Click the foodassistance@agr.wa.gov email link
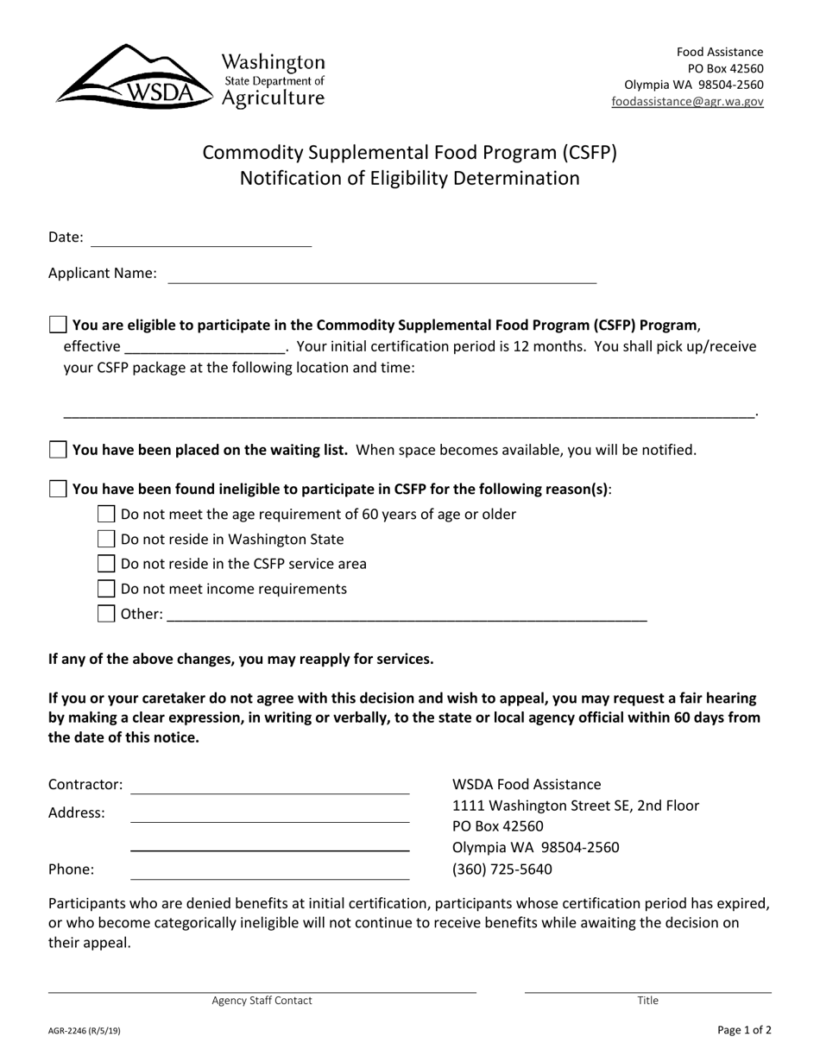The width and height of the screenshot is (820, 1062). pos(687,101)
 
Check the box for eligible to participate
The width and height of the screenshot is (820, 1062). pos(58,326)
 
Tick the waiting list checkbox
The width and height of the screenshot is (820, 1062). pos(58,450)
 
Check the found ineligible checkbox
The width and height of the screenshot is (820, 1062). pos(58,490)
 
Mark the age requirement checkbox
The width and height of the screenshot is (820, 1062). pos(106,515)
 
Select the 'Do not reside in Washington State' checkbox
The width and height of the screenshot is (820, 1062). pos(106,540)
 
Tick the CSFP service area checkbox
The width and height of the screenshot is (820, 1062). pos(106,564)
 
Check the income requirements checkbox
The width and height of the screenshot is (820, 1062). pos(106,589)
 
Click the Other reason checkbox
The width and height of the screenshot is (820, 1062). pos(106,614)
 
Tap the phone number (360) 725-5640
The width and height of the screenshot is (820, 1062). pos(502,869)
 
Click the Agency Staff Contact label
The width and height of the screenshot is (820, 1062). pos(262,1001)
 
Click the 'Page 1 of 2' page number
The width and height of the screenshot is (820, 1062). pos(744,1030)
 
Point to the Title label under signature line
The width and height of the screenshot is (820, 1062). pos(647,1001)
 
